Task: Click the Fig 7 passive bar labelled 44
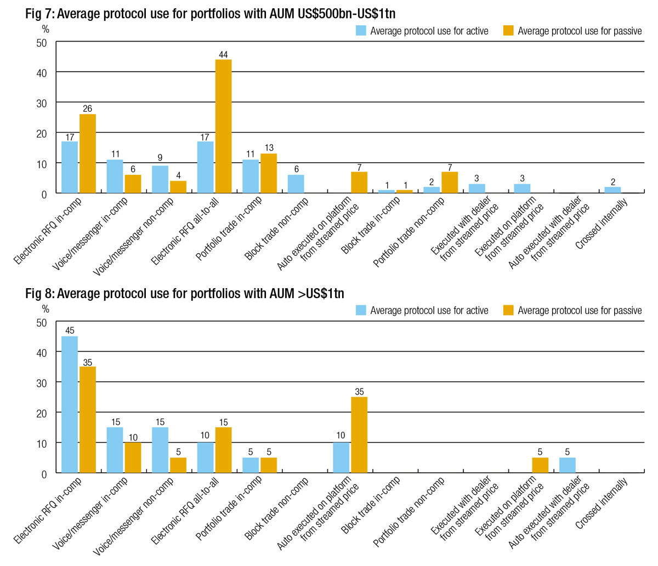pyautogui.click(x=223, y=126)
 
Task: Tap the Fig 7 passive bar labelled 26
pyautogui.click(x=88, y=153)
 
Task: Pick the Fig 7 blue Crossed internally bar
pyautogui.click(x=612, y=190)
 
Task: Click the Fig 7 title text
pyautogui.click(x=210, y=14)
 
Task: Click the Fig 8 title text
pyautogui.click(x=185, y=294)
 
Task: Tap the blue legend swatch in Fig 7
pyautogui.click(x=361, y=31)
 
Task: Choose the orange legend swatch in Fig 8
pyautogui.click(x=508, y=310)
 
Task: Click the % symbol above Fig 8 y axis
pyautogui.click(x=46, y=309)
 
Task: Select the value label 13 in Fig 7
pyautogui.click(x=269, y=148)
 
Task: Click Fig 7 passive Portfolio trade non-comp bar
pyautogui.click(x=450, y=182)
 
